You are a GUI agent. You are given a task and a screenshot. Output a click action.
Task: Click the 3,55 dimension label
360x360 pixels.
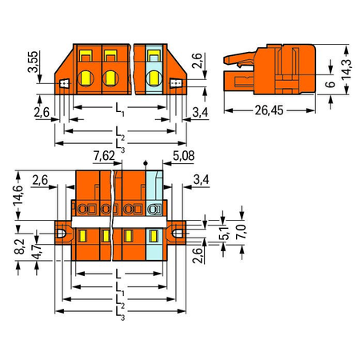tap(34, 62)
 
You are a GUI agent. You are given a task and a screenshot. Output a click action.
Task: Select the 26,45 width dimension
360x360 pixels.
tap(269, 110)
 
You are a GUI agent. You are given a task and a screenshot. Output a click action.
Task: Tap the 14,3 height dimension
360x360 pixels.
tap(347, 70)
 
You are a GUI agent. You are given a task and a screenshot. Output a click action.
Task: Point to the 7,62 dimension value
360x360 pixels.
tap(104, 156)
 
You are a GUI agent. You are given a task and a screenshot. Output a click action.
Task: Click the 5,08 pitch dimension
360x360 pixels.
tap(183, 156)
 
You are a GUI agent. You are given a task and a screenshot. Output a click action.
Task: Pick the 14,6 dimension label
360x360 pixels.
tap(18, 195)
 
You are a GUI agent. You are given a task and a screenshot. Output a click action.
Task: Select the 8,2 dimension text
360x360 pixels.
tap(19, 246)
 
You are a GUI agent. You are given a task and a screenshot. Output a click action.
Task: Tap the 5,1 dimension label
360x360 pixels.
tap(226, 233)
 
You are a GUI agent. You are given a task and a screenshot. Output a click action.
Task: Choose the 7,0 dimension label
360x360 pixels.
tap(241, 232)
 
